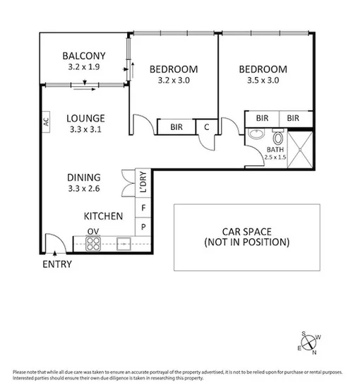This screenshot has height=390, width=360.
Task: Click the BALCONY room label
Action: (84, 56)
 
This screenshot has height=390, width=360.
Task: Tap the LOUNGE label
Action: (85, 118)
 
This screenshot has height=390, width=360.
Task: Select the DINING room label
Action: (84, 177)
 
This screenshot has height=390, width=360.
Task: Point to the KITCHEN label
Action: (104, 216)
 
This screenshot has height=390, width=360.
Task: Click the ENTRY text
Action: (56, 264)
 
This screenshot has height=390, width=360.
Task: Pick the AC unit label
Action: (46, 121)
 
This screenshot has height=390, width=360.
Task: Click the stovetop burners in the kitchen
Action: (93, 244)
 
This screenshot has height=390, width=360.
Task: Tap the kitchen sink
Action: (125, 244)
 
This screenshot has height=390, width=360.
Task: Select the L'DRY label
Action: (143, 182)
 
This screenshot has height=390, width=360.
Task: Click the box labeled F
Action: (143, 208)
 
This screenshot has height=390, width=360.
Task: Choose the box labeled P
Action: (143, 227)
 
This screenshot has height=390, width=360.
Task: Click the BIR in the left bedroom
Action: (176, 127)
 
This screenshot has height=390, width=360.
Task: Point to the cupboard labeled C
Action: (206, 127)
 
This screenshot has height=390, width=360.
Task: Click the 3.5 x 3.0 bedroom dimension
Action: (263, 81)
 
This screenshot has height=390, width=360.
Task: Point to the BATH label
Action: (275, 150)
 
